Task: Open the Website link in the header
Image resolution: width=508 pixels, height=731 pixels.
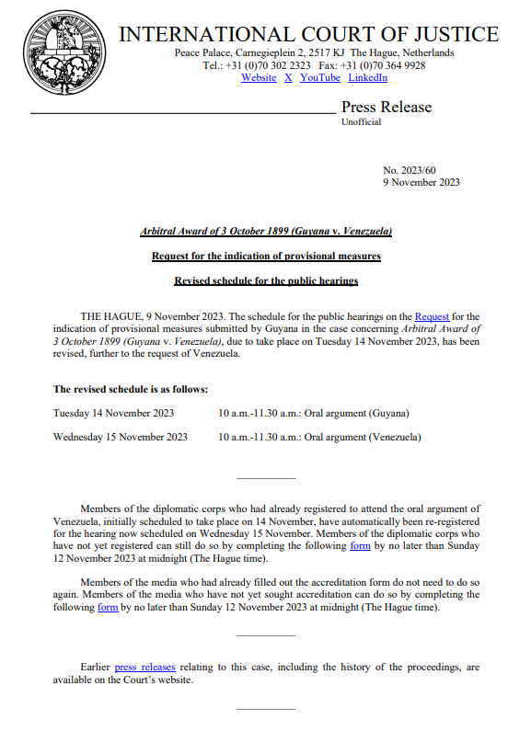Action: point(259,78)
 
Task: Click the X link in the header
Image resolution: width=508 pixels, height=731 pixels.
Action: point(288,78)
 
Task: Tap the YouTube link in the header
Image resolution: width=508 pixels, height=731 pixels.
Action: point(320,78)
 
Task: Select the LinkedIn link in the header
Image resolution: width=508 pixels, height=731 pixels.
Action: point(367,78)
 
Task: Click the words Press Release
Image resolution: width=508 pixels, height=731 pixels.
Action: point(386,108)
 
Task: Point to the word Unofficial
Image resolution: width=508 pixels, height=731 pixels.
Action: point(361,123)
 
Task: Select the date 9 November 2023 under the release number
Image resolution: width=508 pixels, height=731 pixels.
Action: point(421,182)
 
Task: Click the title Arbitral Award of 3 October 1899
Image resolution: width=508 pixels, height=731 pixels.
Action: point(266,231)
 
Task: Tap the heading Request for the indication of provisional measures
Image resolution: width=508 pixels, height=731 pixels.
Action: point(266,256)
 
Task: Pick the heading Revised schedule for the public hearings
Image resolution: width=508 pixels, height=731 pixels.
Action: point(266,280)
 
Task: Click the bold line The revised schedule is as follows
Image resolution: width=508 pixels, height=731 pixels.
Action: point(131,389)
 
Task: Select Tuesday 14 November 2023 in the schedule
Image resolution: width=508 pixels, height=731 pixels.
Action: point(113,414)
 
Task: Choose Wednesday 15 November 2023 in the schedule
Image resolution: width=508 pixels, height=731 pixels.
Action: point(121,438)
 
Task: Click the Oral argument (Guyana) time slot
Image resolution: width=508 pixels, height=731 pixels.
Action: point(314,414)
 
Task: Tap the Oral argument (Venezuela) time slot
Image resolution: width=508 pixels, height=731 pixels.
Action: point(319,438)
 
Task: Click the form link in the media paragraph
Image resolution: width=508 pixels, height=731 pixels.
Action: point(108,608)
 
